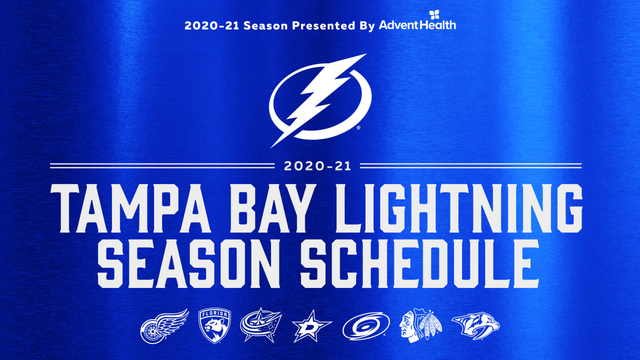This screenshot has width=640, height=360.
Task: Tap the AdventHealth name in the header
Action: [417, 25]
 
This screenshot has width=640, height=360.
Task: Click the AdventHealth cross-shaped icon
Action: [434, 14]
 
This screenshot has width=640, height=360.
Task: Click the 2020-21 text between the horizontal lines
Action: [317, 166]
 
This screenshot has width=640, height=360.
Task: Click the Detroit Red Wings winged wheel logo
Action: [164, 324]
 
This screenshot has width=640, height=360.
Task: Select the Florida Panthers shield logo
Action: [215, 325]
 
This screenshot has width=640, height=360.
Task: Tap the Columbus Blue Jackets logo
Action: [260, 325]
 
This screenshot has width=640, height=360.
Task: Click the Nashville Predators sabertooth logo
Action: [475, 325]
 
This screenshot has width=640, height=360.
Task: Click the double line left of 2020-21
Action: [162, 165]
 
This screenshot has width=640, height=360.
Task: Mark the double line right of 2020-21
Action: [470, 165]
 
